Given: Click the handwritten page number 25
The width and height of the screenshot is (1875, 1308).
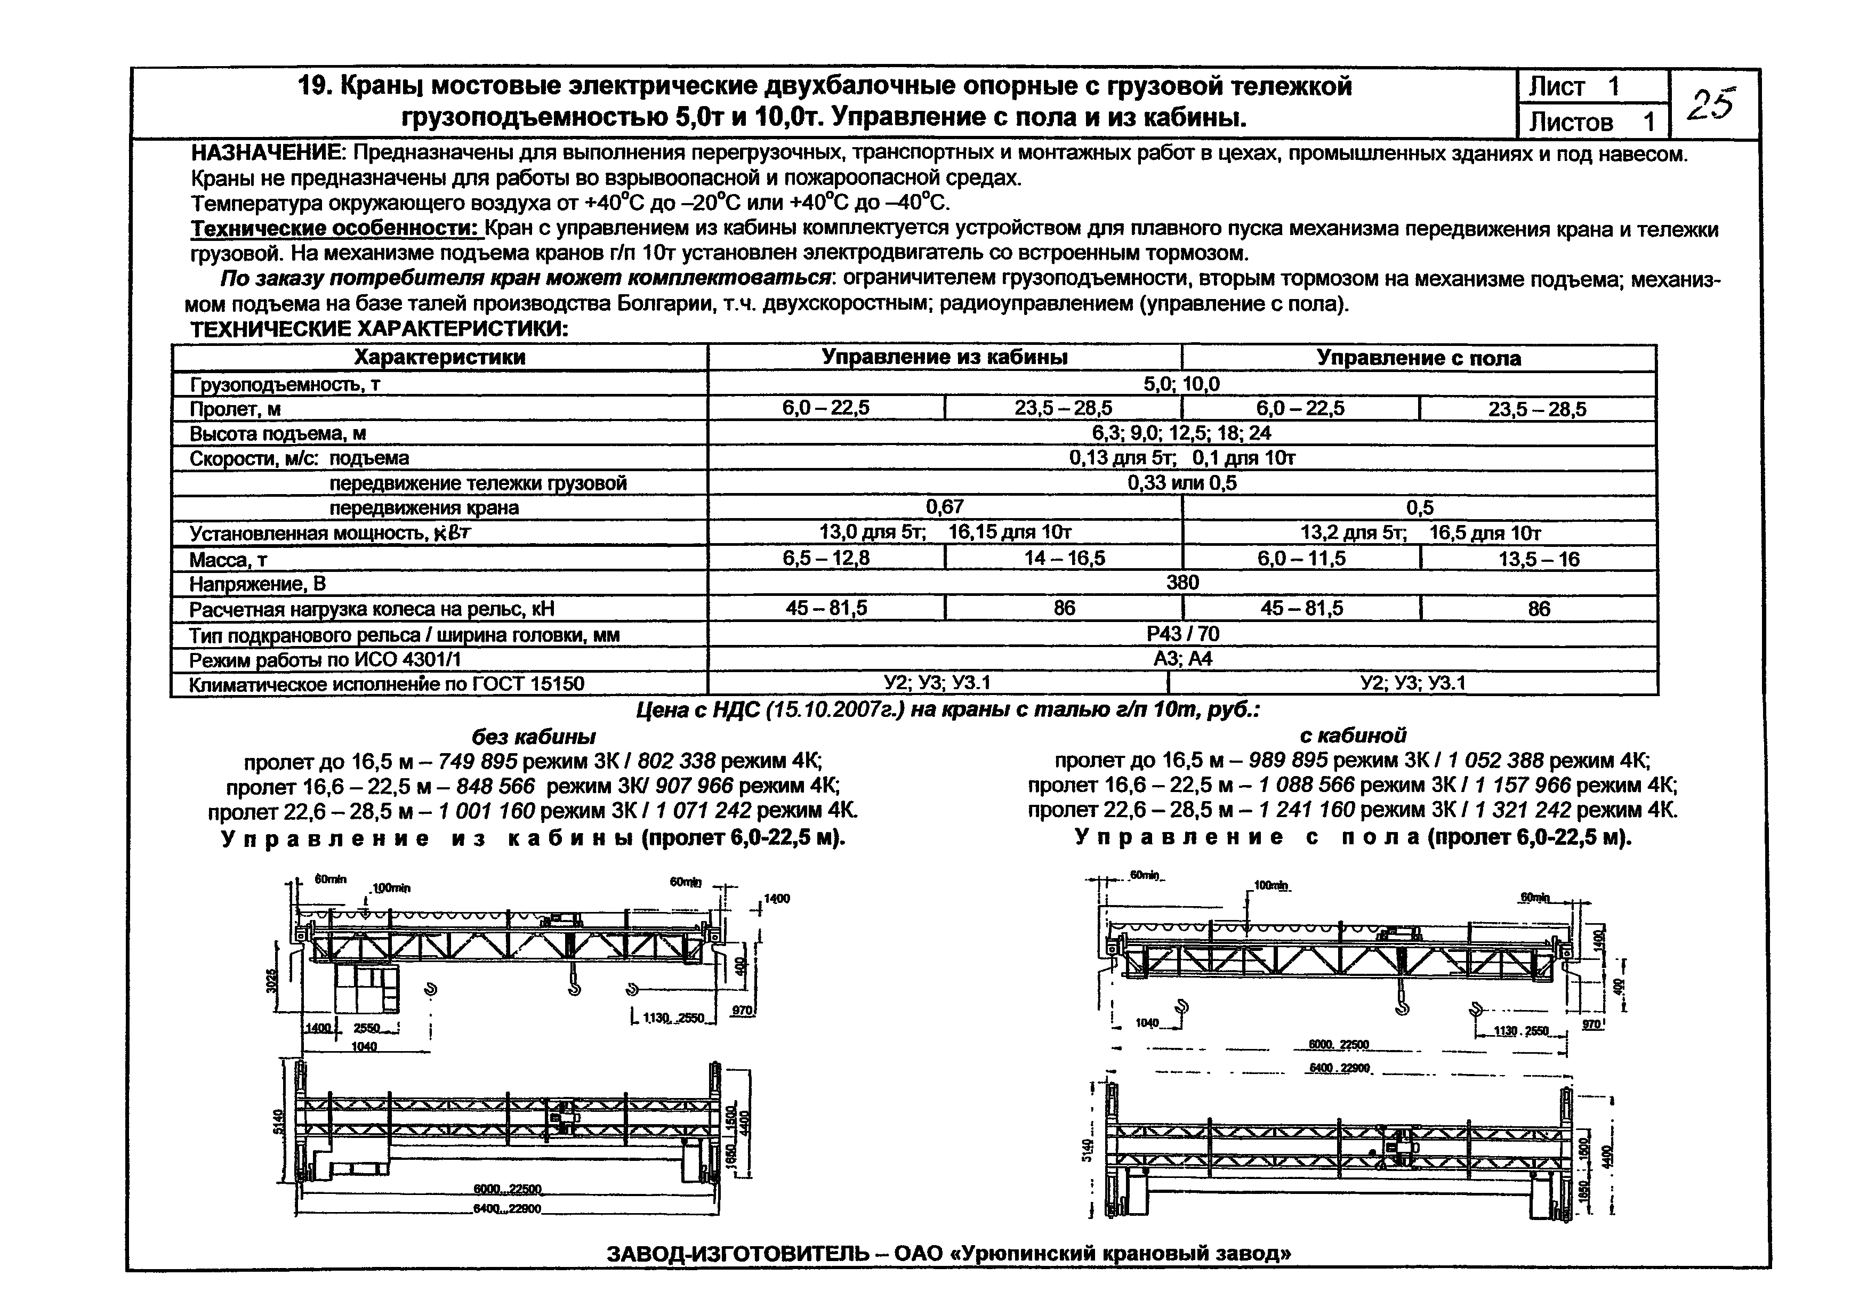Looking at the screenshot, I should pyautogui.click(x=1710, y=104).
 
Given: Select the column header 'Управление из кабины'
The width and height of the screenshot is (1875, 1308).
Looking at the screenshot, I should pyautogui.click(x=944, y=357).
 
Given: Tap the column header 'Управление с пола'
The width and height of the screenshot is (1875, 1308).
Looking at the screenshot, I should pyautogui.click(x=1419, y=358).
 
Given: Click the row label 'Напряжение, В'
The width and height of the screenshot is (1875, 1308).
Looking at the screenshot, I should pyautogui.click(x=257, y=584).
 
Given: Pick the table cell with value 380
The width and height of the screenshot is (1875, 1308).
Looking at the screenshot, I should pyautogui.click(x=1182, y=582).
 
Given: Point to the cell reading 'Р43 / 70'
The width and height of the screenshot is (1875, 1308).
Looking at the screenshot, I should pyautogui.click(x=1182, y=634).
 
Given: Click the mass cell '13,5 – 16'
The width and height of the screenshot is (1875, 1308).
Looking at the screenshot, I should pyautogui.click(x=1539, y=559).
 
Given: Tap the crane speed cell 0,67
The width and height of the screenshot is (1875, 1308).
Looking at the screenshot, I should pyautogui.click(x=944, y=507).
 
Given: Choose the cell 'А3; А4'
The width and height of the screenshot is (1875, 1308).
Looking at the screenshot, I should pyautogui.click(x=1182, y=658).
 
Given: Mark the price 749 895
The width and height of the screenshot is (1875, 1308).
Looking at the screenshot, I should pyautogui.click(x=478, y=762).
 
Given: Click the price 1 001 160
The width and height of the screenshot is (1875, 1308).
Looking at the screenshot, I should pyautogui.click(x=487, y=811).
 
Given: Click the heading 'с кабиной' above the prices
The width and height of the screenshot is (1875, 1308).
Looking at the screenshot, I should pyautogui.click(x=1353, y=735).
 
